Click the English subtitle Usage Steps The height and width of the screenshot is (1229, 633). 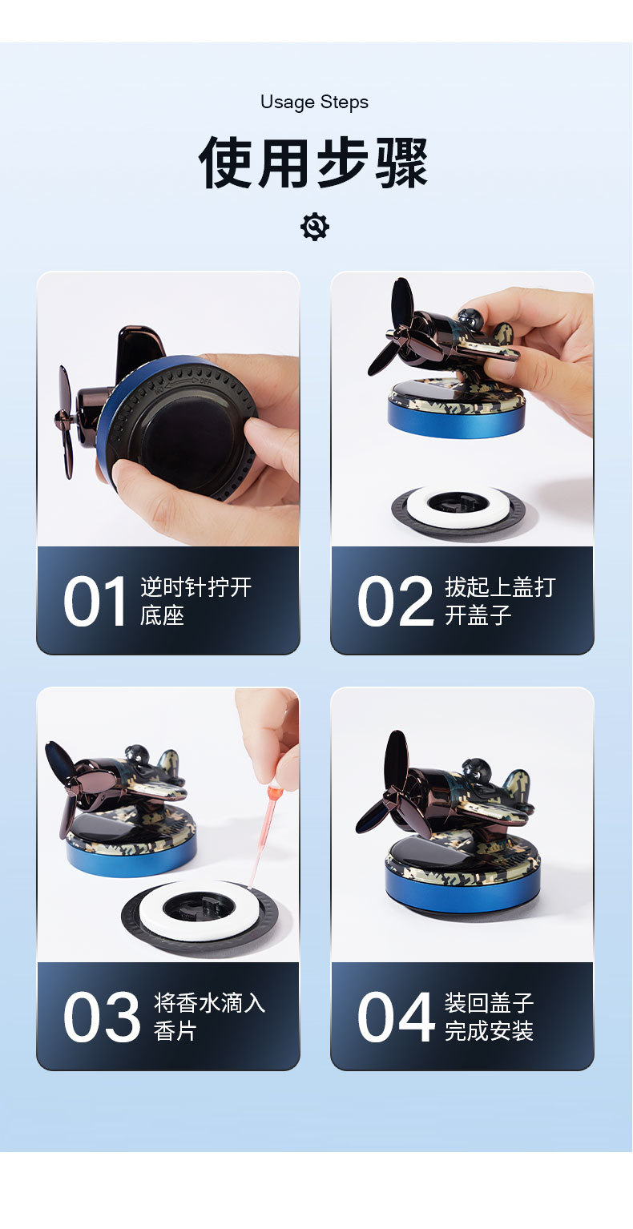[x=314, y=103]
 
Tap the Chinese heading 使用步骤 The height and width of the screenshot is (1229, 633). [x=314, y=163]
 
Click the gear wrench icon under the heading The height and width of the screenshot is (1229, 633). [x=315, y=227]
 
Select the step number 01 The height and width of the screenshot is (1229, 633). [x=95, y=602]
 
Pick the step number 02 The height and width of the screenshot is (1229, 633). [x=395, y=602]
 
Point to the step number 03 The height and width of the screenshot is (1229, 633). [x=101, y=1017]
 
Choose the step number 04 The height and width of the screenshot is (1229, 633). [x=395, y=1017]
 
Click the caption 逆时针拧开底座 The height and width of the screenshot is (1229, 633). [x=196, y=601]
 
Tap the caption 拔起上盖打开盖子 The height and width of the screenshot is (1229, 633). [x=499, y=601]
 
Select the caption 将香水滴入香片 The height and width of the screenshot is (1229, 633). [x=208, y=1017]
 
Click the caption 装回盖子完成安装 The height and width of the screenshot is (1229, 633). [x=489, y=1017]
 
